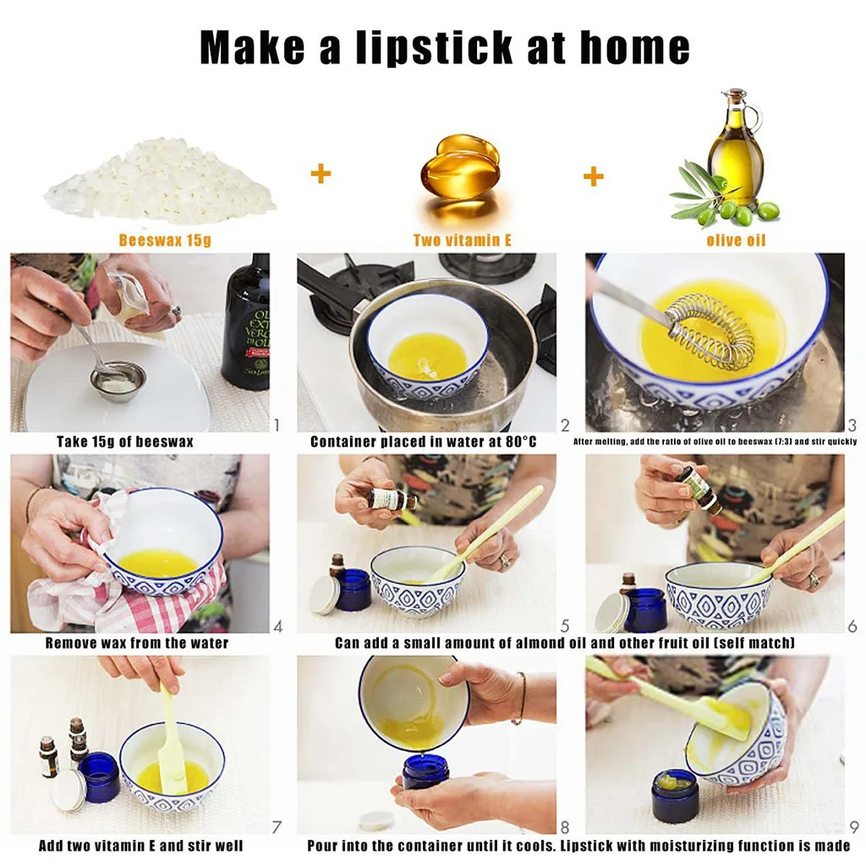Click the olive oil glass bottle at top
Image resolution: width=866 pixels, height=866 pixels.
(734, 148)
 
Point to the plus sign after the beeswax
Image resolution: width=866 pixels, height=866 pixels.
(321, 175)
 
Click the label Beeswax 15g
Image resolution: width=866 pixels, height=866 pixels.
(164, 240)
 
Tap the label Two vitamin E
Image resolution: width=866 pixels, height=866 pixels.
(462, 240)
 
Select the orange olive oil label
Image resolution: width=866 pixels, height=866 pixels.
(736, 240)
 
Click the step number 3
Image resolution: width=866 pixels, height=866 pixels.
(852, 425)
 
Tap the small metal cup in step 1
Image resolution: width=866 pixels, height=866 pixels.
(118, 380)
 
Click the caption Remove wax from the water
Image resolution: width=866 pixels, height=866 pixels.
(137, 644)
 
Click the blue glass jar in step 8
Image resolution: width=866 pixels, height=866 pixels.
(425, 770)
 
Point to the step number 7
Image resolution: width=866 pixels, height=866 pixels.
(275, 827)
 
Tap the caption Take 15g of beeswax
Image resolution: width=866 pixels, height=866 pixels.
(124, 441)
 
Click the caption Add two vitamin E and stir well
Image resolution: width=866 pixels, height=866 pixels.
(141, 846)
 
